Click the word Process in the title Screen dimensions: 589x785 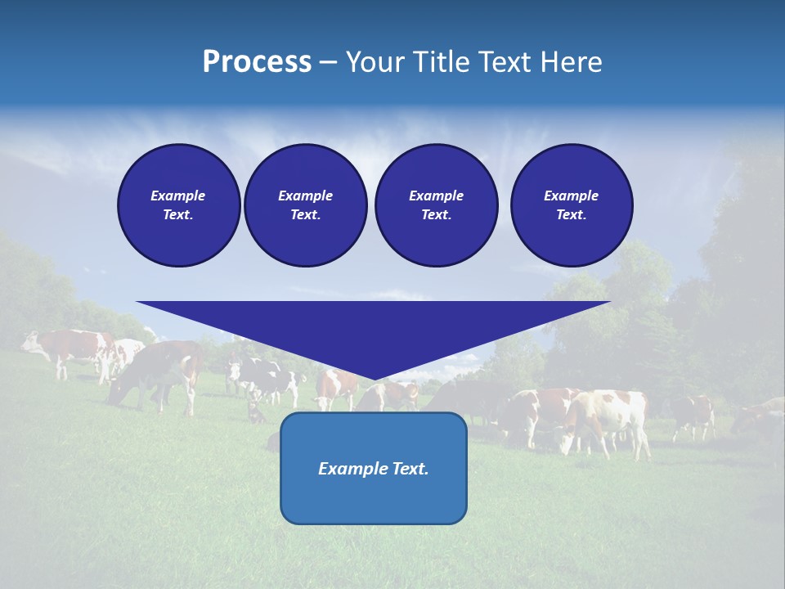pos(257,62)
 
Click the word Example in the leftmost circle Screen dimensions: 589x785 pos(178,196)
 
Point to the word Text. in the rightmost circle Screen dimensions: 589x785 pos(571,214)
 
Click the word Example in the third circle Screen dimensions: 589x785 pos(436,196)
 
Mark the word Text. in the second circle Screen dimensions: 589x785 pos(305,214)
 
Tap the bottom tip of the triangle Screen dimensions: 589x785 pos(374,378)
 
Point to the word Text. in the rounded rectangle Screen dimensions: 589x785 pos(410,469)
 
